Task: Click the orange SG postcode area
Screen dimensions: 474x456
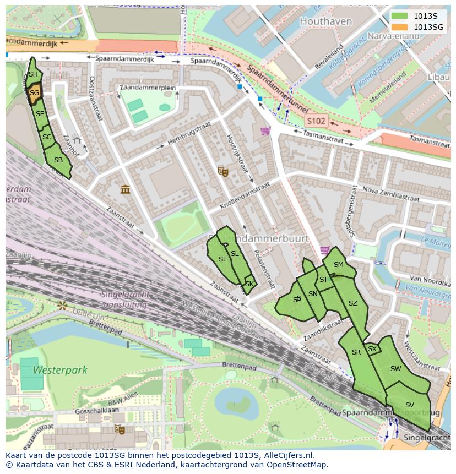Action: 34,93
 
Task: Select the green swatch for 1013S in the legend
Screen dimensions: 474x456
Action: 400,16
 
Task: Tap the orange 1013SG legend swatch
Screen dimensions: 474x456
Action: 400,27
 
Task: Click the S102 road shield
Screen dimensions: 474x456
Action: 316,121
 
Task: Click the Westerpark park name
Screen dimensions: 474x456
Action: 60,370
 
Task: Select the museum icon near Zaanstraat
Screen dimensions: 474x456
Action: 126,189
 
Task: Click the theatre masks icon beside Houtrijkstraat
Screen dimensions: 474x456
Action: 223,172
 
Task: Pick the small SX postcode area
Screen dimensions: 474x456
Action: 373,349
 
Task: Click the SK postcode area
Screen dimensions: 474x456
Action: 249,284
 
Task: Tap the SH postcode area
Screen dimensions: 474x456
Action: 33,74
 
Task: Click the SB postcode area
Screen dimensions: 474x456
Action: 58,161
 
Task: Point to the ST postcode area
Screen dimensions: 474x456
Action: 324,280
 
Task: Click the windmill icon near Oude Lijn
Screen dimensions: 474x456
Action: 62,305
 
